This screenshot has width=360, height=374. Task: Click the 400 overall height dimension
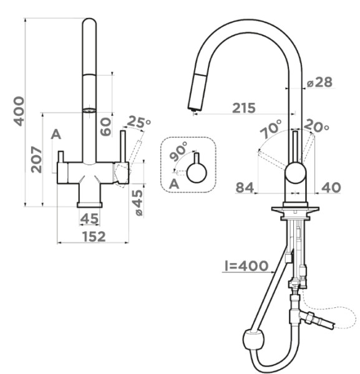(x=19, y=111)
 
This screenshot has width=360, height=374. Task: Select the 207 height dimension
(x=36, y=160)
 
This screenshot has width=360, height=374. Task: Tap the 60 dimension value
(x=106, y=127)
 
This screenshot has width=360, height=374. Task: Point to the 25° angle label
(x=139, y=122)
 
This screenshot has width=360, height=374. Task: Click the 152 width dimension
(x=94, y=236)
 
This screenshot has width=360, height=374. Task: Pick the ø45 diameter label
(x=137, y=203)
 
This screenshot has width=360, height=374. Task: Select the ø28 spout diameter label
(x=319, y=82)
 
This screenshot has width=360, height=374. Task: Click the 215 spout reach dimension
(x=244, y=108)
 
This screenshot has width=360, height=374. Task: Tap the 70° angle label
(x=271, y=129)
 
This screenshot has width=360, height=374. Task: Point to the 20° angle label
(x=317, y=126)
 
